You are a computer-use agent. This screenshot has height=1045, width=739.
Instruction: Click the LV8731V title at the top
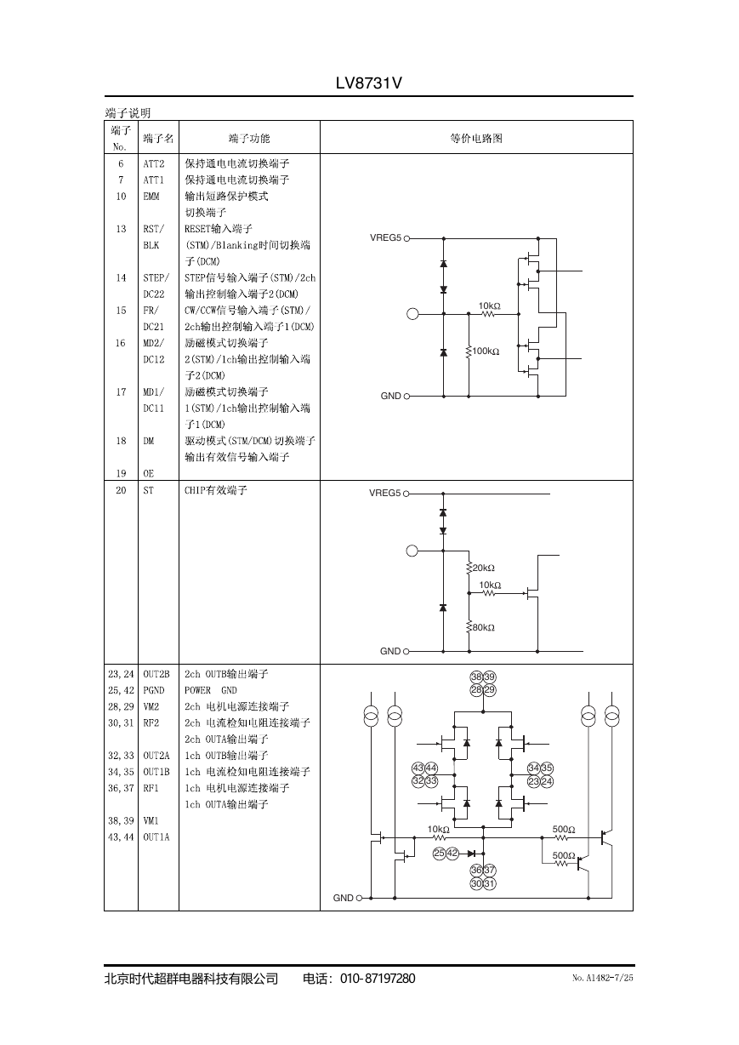[x=368, y=83]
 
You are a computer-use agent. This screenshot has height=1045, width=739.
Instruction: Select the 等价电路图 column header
[x=476, y=138]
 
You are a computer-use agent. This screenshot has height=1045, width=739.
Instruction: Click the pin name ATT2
[x=154, y=163]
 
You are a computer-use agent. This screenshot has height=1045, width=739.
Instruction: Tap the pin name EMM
[x=151, y=197]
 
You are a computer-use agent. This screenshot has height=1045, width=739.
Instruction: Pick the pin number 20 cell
[x=121, y=490]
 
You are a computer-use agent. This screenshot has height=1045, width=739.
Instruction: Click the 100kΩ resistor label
[x=486, y=351]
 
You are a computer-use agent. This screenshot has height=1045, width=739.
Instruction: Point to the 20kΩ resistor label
[x=484, y=568]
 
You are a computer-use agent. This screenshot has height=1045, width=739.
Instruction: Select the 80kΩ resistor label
[x=484, y=627]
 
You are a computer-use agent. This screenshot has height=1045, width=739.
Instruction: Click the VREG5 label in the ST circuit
[x=384, y=493]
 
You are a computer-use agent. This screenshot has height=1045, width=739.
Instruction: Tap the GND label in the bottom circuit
[x=344, y=898]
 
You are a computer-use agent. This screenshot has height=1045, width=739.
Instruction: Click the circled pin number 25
[x=439, y=854]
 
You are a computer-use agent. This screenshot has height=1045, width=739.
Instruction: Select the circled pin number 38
[x=476, y=677]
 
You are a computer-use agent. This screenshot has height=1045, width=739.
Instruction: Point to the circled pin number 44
[x=431, y=768]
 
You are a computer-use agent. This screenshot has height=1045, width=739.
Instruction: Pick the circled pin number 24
[x=547, y=781]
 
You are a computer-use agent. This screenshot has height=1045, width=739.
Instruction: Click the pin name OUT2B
[x=156, y=674]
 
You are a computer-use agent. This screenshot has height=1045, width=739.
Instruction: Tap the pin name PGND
[x=154, y=690]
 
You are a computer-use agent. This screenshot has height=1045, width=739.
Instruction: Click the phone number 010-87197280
[x=378, y=979]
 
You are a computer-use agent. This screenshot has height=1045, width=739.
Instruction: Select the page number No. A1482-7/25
[x=602, y=978]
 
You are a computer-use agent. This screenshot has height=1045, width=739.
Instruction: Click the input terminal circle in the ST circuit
[x=412, y=551]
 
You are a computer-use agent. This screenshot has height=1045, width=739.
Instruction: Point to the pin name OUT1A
[x=156, y=837]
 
